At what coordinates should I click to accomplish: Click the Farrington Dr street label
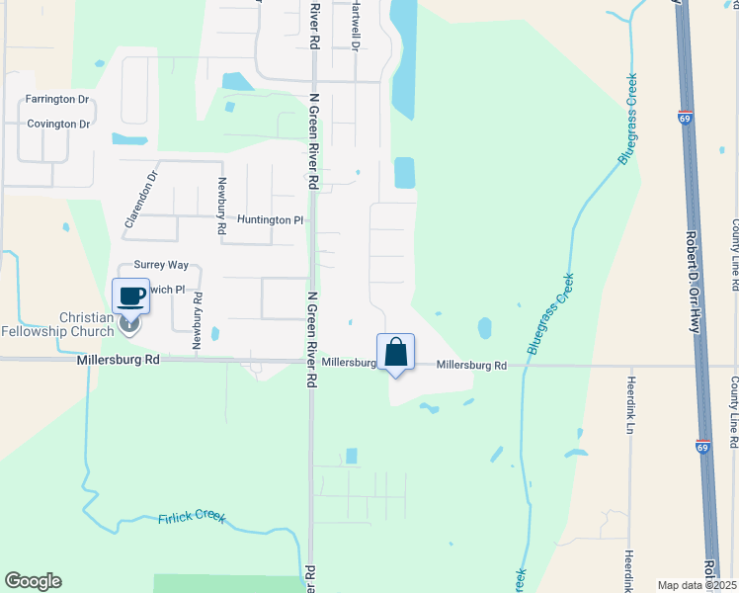pos(57,100)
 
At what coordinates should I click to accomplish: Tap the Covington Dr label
pos(58,125)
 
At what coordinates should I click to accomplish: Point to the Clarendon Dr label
pos(141,201)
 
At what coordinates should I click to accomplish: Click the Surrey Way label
pos(161,265)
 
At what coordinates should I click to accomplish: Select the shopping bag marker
pos(395,352)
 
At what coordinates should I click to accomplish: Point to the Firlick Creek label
pos(192,518)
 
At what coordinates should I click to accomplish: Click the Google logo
pos(33,581)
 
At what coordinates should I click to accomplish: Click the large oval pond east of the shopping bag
pos(484,327)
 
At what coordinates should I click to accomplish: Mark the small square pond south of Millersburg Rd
pos(352,457)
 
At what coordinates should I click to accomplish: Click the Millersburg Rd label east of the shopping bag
pos(471,366)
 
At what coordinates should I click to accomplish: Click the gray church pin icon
pos(129,324)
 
